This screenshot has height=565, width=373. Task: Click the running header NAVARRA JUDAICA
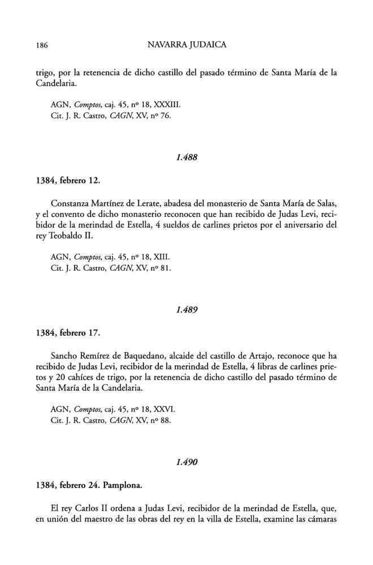186,45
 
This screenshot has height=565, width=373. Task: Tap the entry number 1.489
186,310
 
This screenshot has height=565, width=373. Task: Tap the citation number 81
165,268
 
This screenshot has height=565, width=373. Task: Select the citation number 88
165,421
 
